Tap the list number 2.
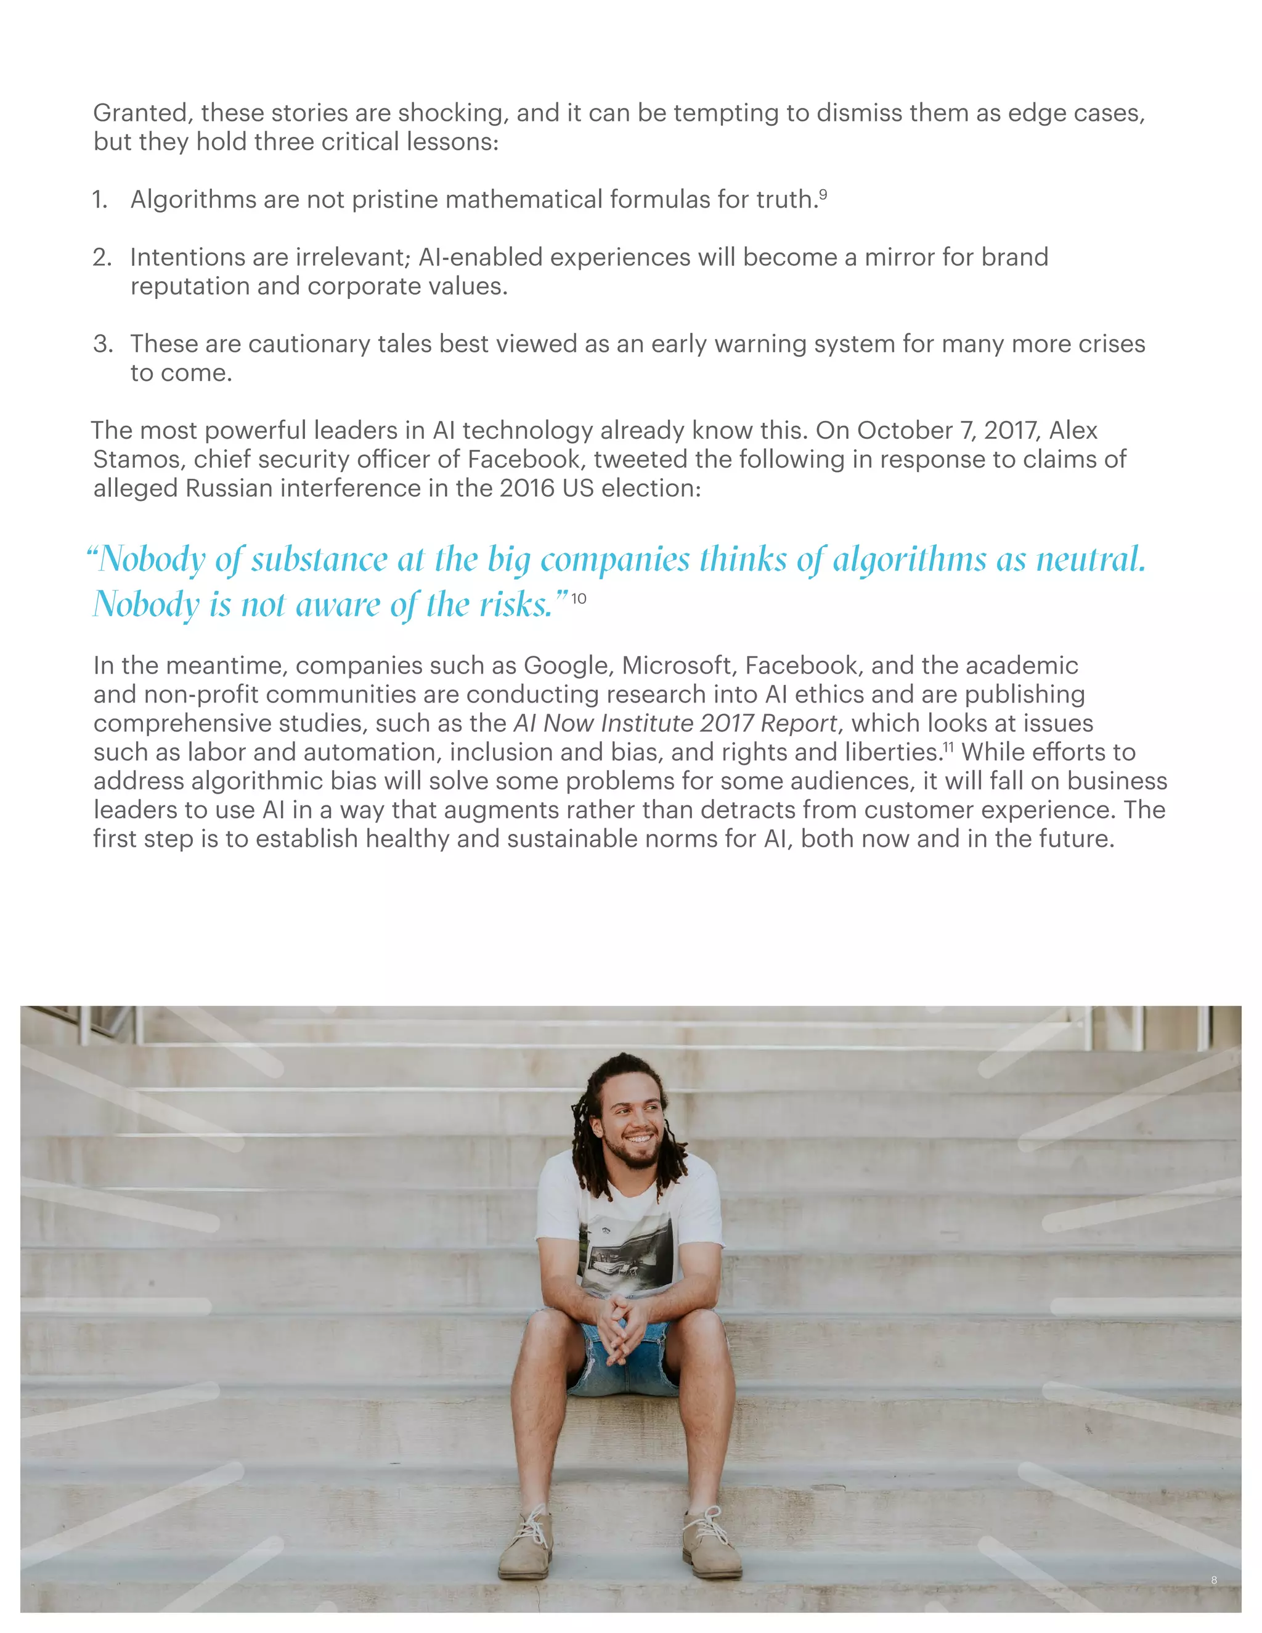(x=101, y=257)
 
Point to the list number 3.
(x=102, y=344)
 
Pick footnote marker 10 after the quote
(x=579, y=598)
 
